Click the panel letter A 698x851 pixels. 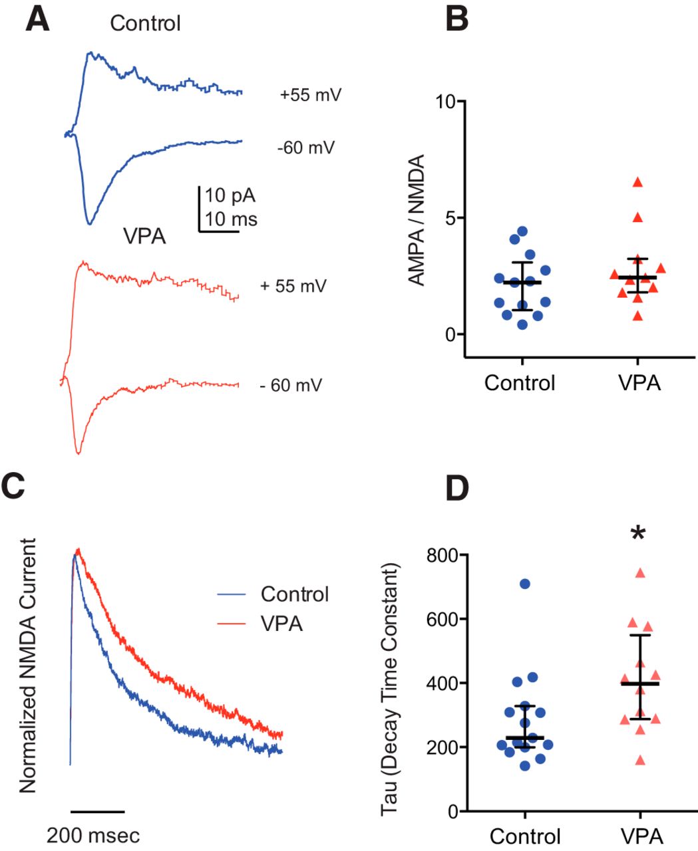[38, 20]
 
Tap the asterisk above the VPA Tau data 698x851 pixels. [638, 533]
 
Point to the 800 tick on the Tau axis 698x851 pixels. [443, 556]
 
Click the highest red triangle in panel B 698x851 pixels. [638, 182]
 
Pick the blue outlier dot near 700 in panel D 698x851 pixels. [525, 584]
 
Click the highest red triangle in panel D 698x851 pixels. [640, 573]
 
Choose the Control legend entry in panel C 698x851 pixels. [294, 594]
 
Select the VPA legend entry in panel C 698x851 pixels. [281, 624]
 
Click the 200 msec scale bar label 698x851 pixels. [93, 835]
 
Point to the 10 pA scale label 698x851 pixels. [230, 196]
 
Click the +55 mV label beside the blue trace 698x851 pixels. [310, 95]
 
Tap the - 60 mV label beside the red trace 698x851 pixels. [291, 385]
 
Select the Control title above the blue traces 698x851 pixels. [145, 23]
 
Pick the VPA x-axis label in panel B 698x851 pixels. [639, 383]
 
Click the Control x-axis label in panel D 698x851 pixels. [525, 835]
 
